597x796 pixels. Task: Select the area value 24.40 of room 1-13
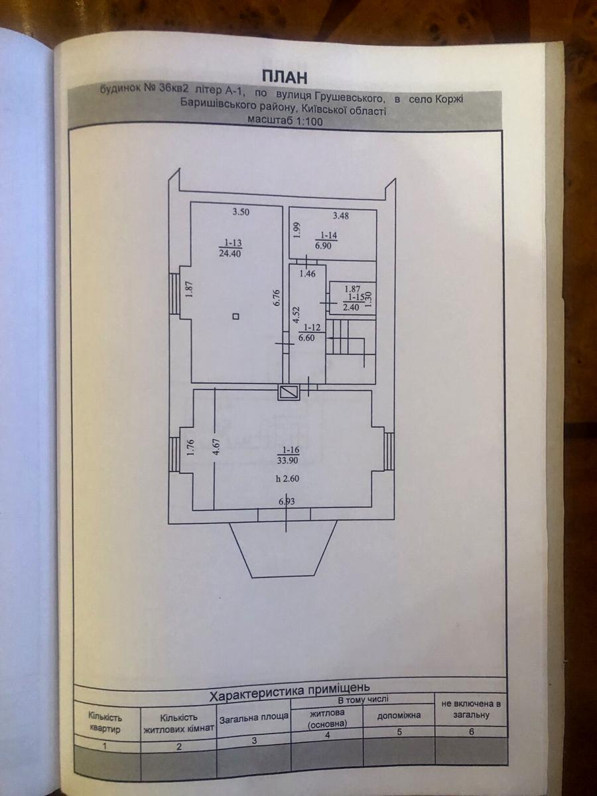pos(230,252)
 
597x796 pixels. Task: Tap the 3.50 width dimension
pos(240,213)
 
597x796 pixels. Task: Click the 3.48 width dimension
pos(341,215)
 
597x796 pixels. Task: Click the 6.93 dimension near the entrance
pos(287,501)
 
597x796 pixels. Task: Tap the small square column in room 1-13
pos(236,318)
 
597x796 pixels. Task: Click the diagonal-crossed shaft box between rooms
pos(290,392)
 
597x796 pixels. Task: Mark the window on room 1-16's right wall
pos(389,450)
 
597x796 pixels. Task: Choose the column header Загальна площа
pos(253,718)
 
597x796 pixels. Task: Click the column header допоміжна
pos(399,716)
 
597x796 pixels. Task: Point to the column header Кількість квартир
pos(105,723)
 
